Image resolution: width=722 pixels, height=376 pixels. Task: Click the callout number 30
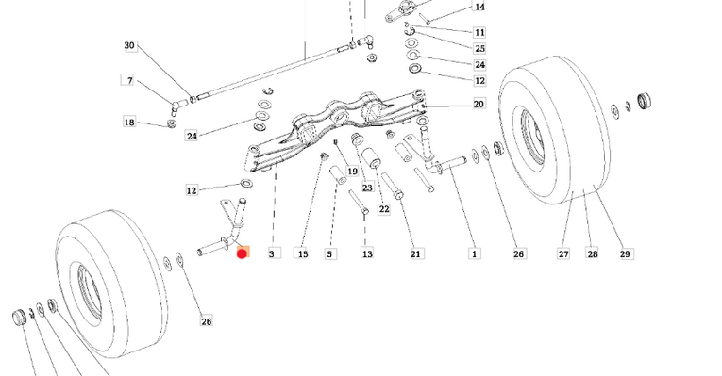tap(129, 46)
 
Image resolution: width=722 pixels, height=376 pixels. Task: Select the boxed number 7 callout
tap(129, 80)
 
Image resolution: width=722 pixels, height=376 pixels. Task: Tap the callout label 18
tap(129, 123)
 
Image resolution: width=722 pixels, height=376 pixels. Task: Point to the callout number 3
tap(272, 253)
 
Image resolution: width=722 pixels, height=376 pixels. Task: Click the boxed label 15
tap(302, 253)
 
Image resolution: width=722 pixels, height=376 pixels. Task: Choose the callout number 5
tap(330, 253)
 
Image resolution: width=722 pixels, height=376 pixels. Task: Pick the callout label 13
tap(367, 253)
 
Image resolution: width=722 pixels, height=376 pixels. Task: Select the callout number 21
tap(416, 253)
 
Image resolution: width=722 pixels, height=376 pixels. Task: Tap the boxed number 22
tap(384, 209)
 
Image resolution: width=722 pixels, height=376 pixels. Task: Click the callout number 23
tap(367, 188)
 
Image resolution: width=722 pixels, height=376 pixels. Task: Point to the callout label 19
tap(352, 172)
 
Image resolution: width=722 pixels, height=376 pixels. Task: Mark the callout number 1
tap(474, 253)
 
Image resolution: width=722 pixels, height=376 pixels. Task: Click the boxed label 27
tap(563, 253)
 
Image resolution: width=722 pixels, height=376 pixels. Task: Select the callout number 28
tap(593, 253)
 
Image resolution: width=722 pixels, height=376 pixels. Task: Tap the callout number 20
tap(479, 105)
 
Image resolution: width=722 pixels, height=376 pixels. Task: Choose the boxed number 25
tap(479, 48)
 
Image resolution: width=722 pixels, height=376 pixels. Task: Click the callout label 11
tap(479, 32)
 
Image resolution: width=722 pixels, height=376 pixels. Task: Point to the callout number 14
tap(479, 8)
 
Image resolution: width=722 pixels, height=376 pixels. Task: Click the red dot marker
tap(243, 253)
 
